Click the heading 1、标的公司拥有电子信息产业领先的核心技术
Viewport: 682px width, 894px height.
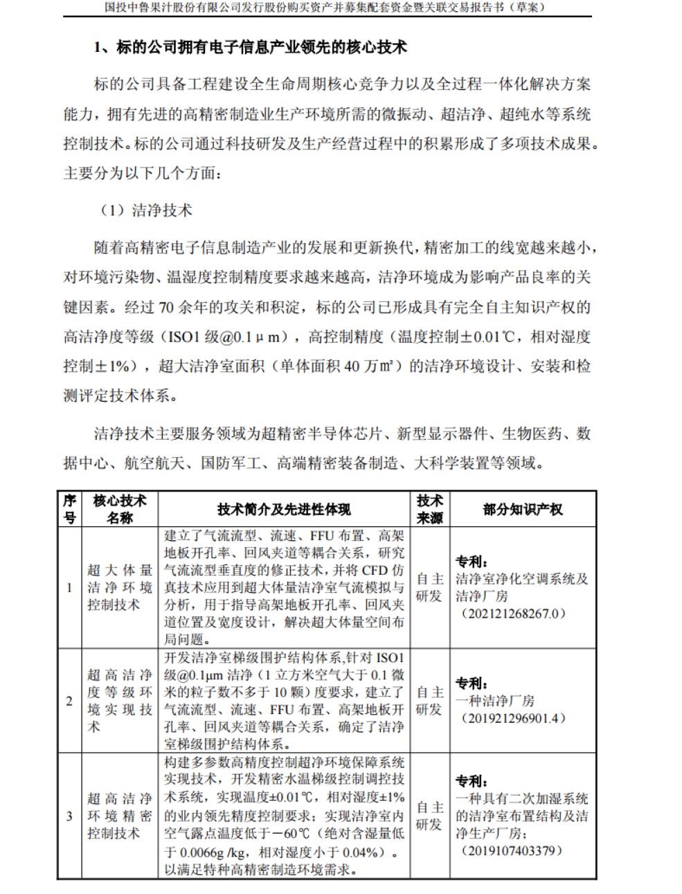point(250,47)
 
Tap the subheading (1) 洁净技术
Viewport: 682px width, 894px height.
point(146,211)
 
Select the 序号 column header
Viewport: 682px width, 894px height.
point(69,509)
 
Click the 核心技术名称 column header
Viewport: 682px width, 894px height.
point(120,509)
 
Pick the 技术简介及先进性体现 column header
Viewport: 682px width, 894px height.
point(284,510)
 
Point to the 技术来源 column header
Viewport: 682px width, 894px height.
point(429,509)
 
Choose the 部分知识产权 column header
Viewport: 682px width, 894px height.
point(523,510)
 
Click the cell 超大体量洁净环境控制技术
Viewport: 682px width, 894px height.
point(120,588)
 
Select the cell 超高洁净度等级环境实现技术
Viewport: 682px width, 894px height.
point(120,700)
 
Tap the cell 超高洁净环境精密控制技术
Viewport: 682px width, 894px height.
point(120,816)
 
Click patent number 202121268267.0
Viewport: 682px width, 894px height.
point(512,614)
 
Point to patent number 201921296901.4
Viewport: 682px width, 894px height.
point(512,718)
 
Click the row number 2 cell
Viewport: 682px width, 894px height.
point(69,701)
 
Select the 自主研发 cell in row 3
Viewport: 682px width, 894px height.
point(429,816)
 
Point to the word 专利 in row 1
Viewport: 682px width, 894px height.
point(472,561)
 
